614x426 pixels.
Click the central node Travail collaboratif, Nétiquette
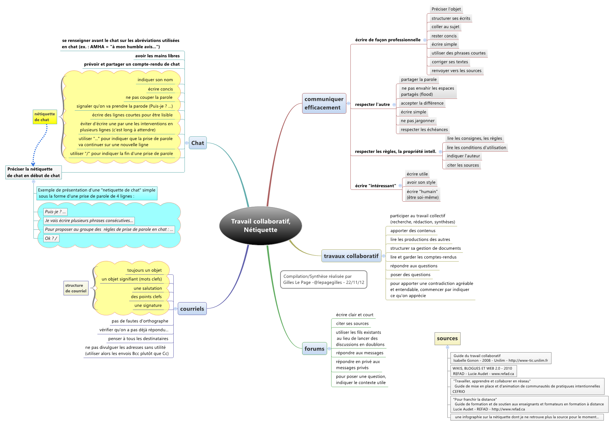click(x=261, y=226)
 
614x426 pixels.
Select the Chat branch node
click(x=198, y=143)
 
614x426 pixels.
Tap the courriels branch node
click(x=192, y=309)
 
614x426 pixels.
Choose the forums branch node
click(x=314, y=349)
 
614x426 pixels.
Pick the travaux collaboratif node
click(x=351, y=256)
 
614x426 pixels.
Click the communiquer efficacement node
click(x=324, y=103)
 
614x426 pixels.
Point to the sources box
click(x=447, y=338)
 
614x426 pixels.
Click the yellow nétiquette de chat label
click(x=45, y=117)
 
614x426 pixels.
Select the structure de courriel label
click(x=76, y=288)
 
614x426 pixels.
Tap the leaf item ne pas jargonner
click(x=417, y=121)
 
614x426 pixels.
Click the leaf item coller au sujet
click(x=445, y=27)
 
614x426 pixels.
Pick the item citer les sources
click(x=463, y=165)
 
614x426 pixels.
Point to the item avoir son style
click(x=421, y=182)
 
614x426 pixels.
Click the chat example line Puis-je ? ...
click(x=55, y=212)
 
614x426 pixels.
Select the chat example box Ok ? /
click(x=51, y=238)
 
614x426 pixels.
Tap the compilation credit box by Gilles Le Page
click(x=323, y=279)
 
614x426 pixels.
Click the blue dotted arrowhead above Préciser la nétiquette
click(x=33, y=164)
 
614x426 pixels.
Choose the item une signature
click(x=148, y=306)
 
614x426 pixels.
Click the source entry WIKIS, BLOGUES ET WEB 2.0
click(x=483, y=371)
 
